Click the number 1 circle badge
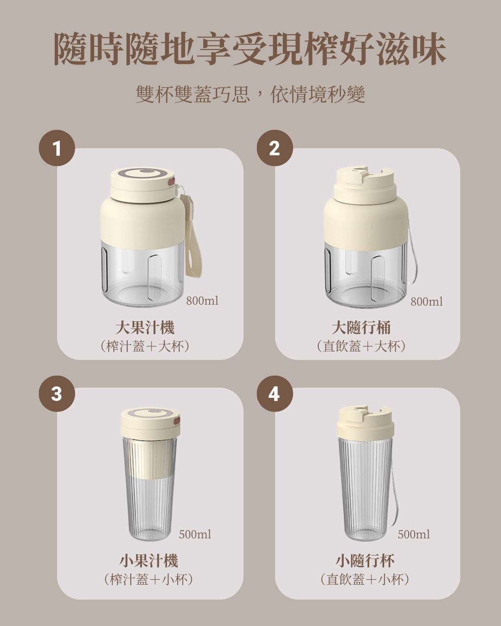click(x=57, y=148)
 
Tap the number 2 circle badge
click(x=275, y=148)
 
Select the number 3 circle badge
click(x=57, y=394)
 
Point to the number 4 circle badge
click(x=275, y=394)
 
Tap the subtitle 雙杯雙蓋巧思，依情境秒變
click(x=250, y=95)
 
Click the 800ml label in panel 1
click(x=202, y=301)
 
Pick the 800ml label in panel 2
click(x=427, y=302)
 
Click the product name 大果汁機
click(x=145, y=327)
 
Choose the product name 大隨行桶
click(x=361, y=327)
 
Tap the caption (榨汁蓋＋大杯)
click(x=145, y=346)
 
